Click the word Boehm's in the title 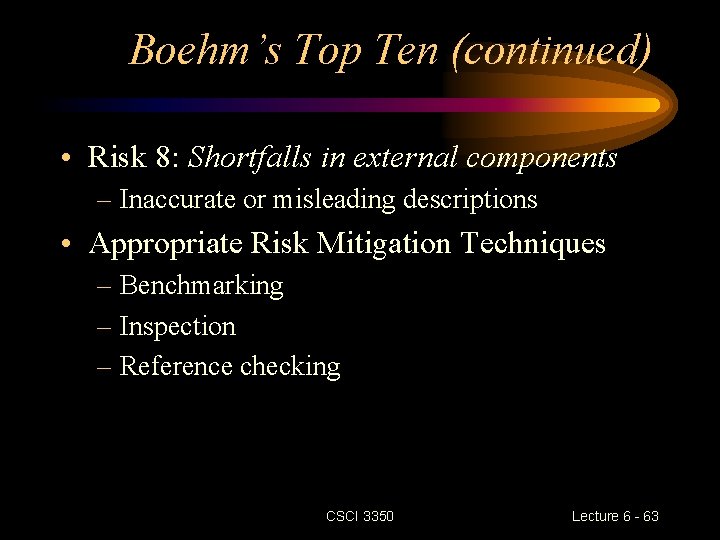204,48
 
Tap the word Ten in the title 408,48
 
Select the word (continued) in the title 551,49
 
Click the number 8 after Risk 167,158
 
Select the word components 539,159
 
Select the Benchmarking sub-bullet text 201,286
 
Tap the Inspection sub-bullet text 177,327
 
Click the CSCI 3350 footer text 360,516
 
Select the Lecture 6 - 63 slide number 615,516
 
